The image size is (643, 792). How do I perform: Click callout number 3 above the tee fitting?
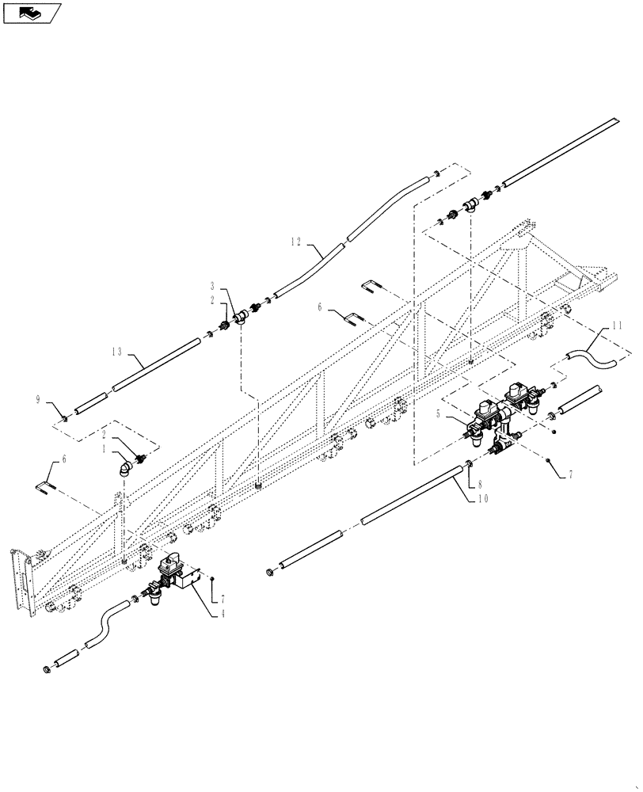[212, 285]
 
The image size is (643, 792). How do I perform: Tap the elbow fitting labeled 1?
[124, 469]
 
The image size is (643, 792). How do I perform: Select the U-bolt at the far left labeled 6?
[48, 485]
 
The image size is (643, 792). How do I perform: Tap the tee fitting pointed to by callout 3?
[241, 320]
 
